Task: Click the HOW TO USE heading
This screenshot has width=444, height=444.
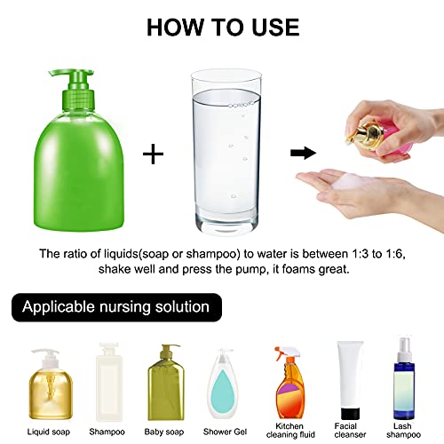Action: click(x=222, y=26)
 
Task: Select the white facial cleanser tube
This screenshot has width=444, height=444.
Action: click(x=349, y=373)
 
